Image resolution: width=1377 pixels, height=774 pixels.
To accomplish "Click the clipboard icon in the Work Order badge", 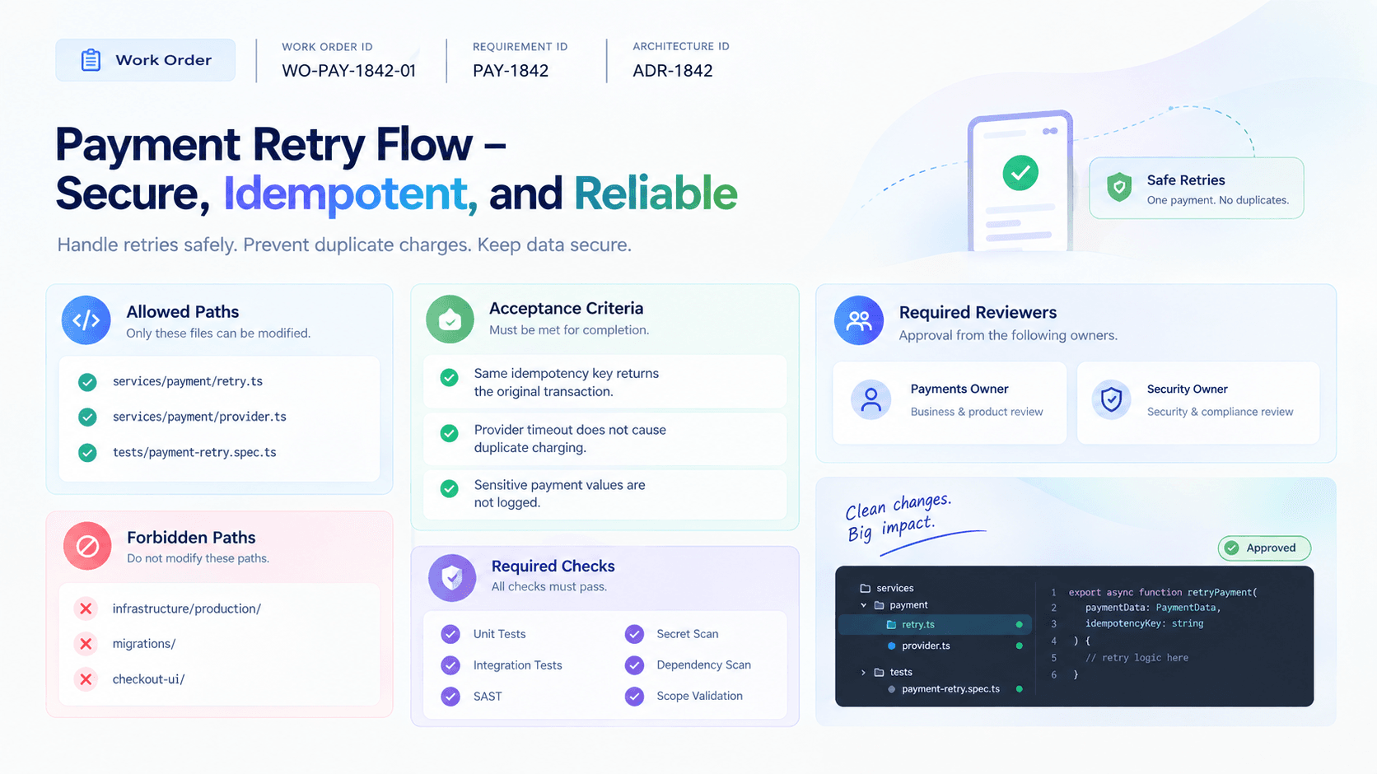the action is point(91,59).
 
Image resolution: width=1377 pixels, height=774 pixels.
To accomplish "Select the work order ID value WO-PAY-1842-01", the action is point(348,71).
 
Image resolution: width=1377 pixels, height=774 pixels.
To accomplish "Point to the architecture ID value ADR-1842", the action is point(673,71).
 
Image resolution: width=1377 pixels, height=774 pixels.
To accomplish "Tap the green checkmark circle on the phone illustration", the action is point(1020,173).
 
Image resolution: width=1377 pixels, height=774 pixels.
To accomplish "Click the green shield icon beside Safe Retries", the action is point(1118,187).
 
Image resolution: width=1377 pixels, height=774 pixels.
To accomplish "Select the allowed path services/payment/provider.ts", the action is point(199,417).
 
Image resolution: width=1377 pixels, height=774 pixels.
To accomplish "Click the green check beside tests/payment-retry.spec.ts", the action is point(87,453).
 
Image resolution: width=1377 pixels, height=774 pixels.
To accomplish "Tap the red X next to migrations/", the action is point(86,644).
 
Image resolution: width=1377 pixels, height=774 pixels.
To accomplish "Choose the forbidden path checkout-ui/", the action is point(148,679).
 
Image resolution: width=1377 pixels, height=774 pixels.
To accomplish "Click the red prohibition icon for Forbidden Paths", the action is point(87,546).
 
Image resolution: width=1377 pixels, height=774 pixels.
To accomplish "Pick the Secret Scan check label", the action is point(688,634).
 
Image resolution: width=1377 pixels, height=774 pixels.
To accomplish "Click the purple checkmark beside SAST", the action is point(450,697).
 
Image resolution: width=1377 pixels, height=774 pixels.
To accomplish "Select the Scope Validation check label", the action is point(699,696).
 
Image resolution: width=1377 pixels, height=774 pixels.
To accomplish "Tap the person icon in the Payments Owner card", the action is point(871,400).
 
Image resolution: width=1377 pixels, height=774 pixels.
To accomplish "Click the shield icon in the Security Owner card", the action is point(1112,400).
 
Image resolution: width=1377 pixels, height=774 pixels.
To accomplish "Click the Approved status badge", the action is point(1264,548).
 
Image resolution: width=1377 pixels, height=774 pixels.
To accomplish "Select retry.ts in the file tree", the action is point(917,625).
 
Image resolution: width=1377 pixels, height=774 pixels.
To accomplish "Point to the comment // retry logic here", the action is point(1137,658).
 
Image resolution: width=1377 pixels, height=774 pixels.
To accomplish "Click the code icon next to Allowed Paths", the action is point(86,319).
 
